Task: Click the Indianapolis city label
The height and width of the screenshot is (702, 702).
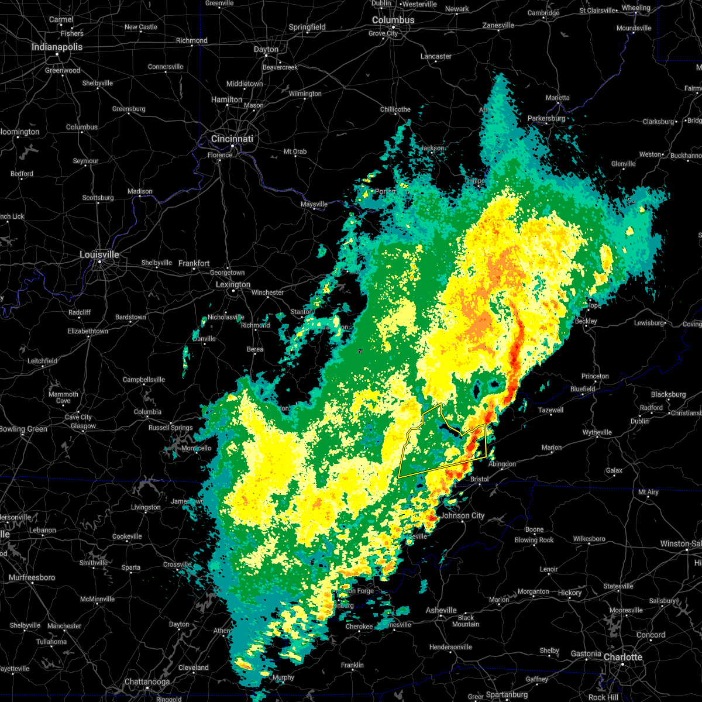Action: tap(57, 47)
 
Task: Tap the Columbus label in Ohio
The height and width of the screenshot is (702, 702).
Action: tap(393, 20)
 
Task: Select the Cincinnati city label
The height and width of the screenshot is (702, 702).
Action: tap(232, 139)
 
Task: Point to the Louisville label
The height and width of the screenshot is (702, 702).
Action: tap(99, 254)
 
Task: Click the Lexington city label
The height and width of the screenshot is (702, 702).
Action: tap(233, 284)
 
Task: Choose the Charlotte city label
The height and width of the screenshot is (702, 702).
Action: tap(623, 657)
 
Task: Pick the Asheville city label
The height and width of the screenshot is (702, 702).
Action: tap(441, 610)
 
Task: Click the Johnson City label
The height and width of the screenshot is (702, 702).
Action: tap(462, 515)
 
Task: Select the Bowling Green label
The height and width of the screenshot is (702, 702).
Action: tap(23, 429)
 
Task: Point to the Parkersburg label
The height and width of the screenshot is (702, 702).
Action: tap(546, 118)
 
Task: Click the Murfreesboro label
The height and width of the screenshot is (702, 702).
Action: tap(32, 577)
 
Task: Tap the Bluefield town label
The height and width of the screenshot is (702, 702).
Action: tap(583, 388)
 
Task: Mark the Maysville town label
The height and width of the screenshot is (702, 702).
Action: tap(314, 204)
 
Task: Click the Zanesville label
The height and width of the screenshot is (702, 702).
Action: tap(498, 25)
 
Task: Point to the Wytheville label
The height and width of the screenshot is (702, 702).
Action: tap(597, 432)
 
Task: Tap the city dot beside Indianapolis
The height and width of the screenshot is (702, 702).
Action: tap(57, 54)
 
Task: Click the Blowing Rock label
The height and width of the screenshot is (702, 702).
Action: tap(534, 540)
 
